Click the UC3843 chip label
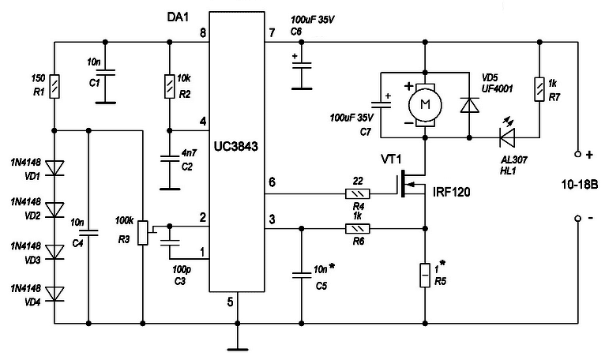235,147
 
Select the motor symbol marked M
425,105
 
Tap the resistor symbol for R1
54,86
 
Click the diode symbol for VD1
54,168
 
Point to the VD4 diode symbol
54,294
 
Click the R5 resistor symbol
425,275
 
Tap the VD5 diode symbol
470,105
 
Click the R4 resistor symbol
358,193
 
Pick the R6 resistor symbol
358,229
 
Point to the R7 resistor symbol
539,89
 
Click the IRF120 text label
452,192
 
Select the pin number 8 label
202,32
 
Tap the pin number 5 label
231,302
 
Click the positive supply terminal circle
577,154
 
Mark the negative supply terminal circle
577,219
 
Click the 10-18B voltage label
580,185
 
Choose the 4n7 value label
189,153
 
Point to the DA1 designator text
178,17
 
